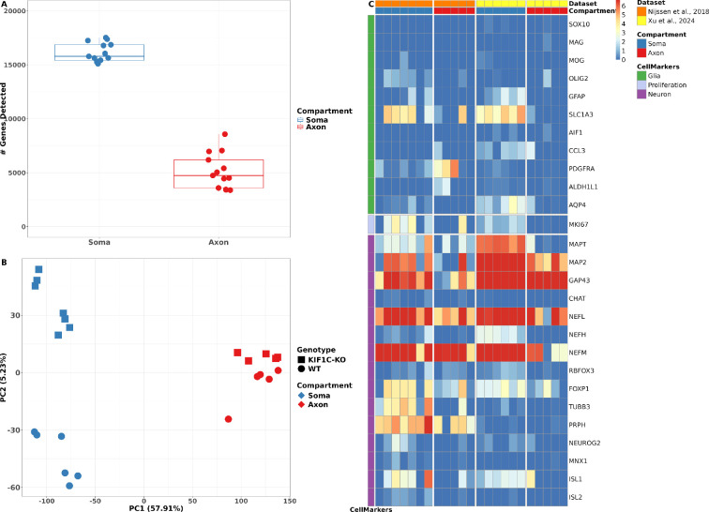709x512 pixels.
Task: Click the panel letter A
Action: tap(4, 5)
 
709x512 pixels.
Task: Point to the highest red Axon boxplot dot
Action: tap(225, 134)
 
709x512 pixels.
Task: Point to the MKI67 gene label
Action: tap(581, 225)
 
